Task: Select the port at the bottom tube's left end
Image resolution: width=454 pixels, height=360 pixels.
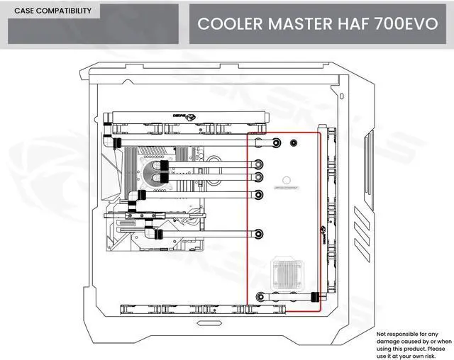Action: [x=259, y=298]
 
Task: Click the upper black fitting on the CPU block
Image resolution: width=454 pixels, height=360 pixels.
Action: [x=165, y=164]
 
